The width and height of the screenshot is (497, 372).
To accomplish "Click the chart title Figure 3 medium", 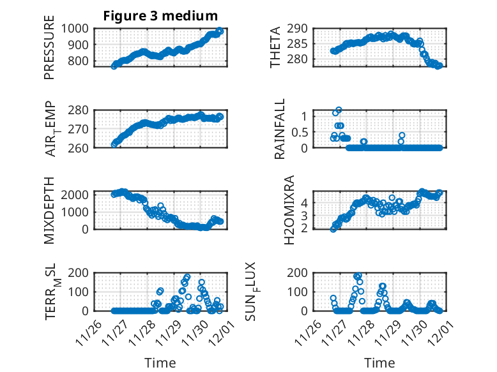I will coord(160,16).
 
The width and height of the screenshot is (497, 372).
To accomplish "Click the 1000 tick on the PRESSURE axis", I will coord(77,28).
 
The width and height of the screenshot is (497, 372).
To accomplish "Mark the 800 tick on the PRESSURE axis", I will coord(80,62).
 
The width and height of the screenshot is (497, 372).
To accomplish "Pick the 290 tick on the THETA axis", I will coord(302,28).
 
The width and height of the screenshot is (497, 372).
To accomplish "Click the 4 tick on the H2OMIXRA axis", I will coord(307,202).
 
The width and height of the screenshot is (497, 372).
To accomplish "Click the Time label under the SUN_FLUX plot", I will coord(379,363).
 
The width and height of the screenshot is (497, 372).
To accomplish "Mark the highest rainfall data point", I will coord(339,110).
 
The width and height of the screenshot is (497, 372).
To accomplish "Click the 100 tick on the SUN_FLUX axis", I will coord(302,292).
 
